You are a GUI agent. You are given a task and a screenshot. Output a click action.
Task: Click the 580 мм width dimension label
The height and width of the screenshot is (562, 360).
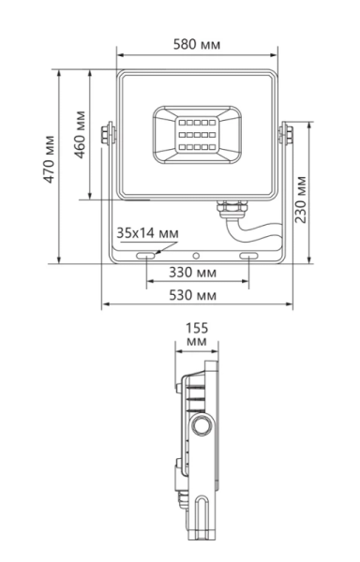pos(197,44)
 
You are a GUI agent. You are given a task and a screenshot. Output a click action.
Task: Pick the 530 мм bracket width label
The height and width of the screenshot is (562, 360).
pos(197,295)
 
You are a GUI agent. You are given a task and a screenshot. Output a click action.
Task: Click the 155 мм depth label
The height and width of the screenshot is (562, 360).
pos(196,335)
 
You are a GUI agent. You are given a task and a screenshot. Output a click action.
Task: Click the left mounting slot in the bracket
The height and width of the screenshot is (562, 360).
pos(146,255)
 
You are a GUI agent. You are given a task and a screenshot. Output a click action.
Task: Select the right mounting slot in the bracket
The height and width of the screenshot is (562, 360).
pos(248,255)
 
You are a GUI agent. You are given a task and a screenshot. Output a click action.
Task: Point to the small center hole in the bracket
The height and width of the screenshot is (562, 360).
pos(197,255)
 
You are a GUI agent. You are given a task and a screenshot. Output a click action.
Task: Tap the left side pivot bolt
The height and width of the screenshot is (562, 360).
pos(112,133)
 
